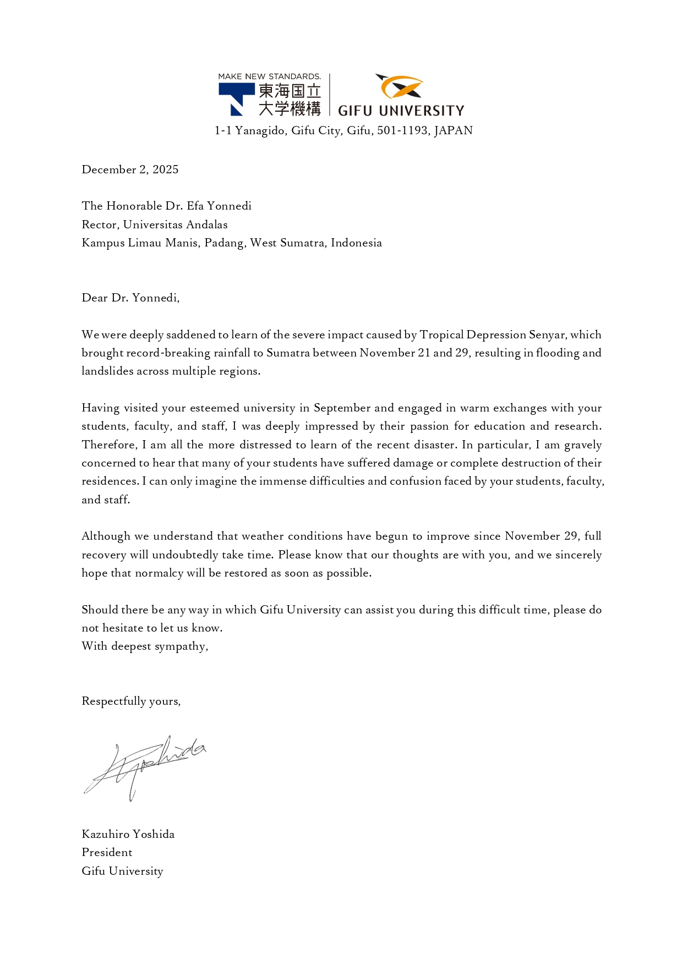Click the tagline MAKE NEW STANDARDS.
tap(269, 76)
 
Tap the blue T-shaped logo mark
tap(236, 97)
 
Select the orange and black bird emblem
tap(400, 86)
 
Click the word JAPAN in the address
tap(453, 131)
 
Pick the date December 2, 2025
tap(130, 169)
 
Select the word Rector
tap(100, 224)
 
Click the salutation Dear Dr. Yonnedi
tap(130, 298)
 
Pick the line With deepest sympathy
tap(145, 646)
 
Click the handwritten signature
tap(145, 766)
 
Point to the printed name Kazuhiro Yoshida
tap(128, 834)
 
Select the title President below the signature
tap(107, 853)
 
